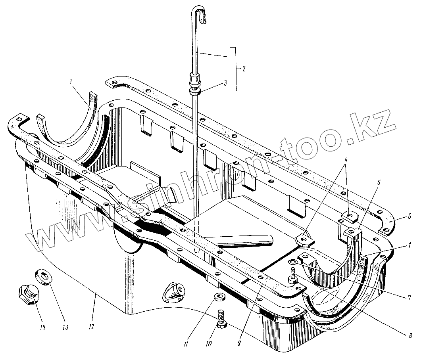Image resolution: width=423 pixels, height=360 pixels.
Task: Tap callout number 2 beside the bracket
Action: [x=244, y=69]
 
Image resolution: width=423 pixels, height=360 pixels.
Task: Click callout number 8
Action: [x=410, y=335]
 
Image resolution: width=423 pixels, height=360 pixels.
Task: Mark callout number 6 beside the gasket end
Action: [x=410, y=216]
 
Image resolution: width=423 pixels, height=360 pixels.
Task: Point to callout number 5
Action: [x=379, y=183]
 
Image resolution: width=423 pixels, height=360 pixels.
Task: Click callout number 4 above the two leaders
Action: [x=346, y=160]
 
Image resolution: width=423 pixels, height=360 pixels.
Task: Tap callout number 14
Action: [x=42, y=327]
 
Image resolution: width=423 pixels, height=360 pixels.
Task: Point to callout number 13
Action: [x=65, y=327]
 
